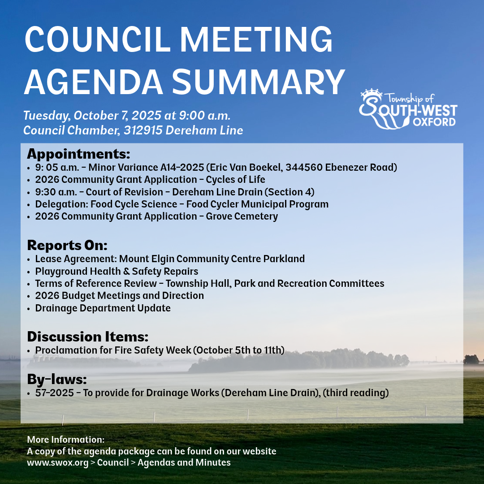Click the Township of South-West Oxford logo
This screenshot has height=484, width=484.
pyautogui.click(x=408, y=109)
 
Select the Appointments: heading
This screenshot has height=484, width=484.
pyautogui.click(x=78, y=154)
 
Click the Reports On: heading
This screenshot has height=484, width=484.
pyautogui.click(x=67, y=246)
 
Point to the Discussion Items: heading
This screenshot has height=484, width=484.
pyautogui.click(x=87, y=337)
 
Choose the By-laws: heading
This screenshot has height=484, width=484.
pyautogui.click(x=56, y=380)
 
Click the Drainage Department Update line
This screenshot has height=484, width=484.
pyautogui.click(x=103, y=308)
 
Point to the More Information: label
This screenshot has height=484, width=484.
pyautogui.click(x=66, y=440)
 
